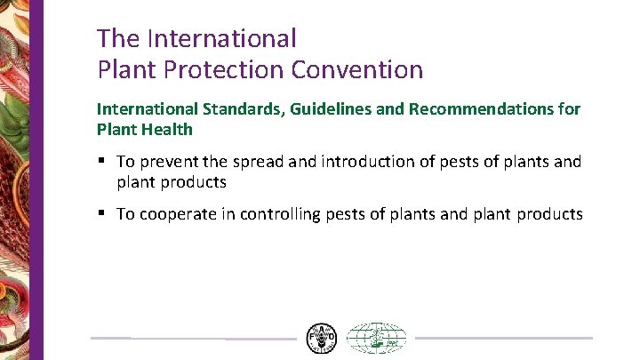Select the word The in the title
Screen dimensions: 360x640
(x=118, y=38)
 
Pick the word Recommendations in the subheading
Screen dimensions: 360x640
(x=480, y=109)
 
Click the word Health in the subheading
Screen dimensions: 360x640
(x=171, y=129)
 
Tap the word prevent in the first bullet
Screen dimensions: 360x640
(x=169, y=162)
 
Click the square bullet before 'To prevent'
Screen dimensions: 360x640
(x=103, y=161)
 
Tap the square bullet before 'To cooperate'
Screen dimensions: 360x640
(x=103, y=213)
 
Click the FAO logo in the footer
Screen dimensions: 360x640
(x=321, y=339)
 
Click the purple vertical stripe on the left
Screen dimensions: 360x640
(x=37, y=178)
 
